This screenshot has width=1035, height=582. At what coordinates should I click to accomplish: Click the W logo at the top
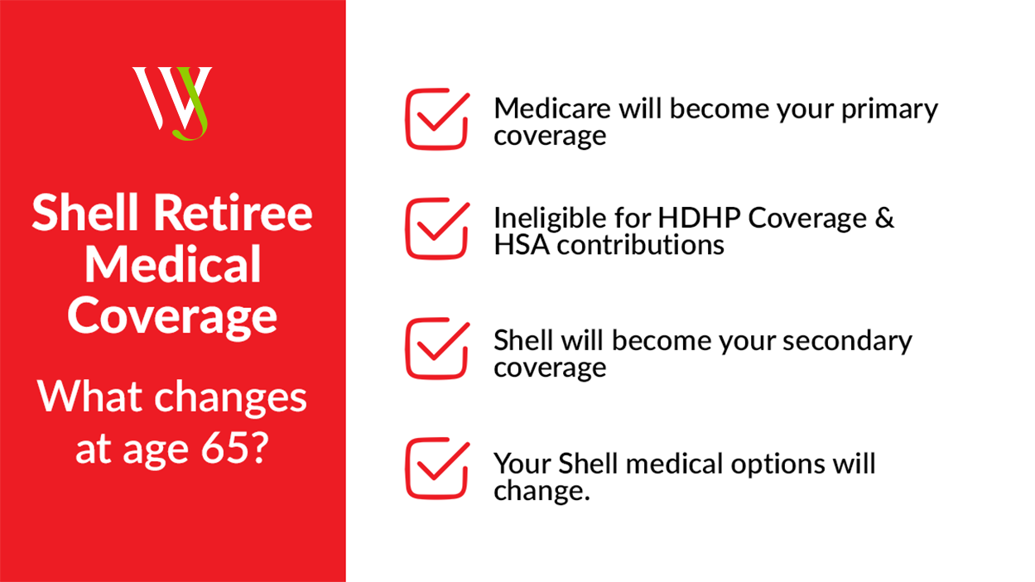click(172, 103)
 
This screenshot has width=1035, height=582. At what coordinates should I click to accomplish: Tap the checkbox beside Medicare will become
click(437, 119)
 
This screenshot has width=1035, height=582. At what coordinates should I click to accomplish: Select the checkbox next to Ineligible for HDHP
click(437, 228)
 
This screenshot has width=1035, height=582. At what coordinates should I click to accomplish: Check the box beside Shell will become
click(437, 349)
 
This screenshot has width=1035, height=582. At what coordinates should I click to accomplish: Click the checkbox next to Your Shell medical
click(437, 469)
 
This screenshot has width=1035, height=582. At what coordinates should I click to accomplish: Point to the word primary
click(889, 111)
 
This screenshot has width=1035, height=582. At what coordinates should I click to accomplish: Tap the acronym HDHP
click(699, 218)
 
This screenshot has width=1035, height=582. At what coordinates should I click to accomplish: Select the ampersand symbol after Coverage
click(884, 218)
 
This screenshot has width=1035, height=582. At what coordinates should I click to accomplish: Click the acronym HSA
click(522, 245)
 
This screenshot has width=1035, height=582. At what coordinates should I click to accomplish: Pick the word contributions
click(641, 245)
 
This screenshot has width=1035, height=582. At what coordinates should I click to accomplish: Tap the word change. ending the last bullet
click(542, 491)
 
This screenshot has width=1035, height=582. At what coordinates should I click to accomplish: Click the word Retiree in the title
click(233, 213)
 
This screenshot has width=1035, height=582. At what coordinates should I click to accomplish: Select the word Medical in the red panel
click(173, 264)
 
